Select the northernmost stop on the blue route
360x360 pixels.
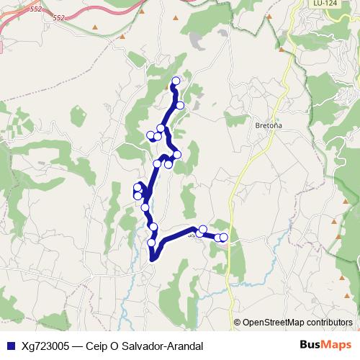(x=176, y=81)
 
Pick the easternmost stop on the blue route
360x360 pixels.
(x=224, y=237)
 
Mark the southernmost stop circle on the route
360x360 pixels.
(x=152, y=243)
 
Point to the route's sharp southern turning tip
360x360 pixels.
(x=153, y=259)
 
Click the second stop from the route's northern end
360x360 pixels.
(x=180, y=105)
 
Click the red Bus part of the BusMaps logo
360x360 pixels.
(x=311, y=346)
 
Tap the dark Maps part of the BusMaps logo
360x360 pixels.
(x=337, y=346)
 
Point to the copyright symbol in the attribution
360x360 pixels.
(x=238, y=323)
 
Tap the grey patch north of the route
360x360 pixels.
(x=196, y=44)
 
